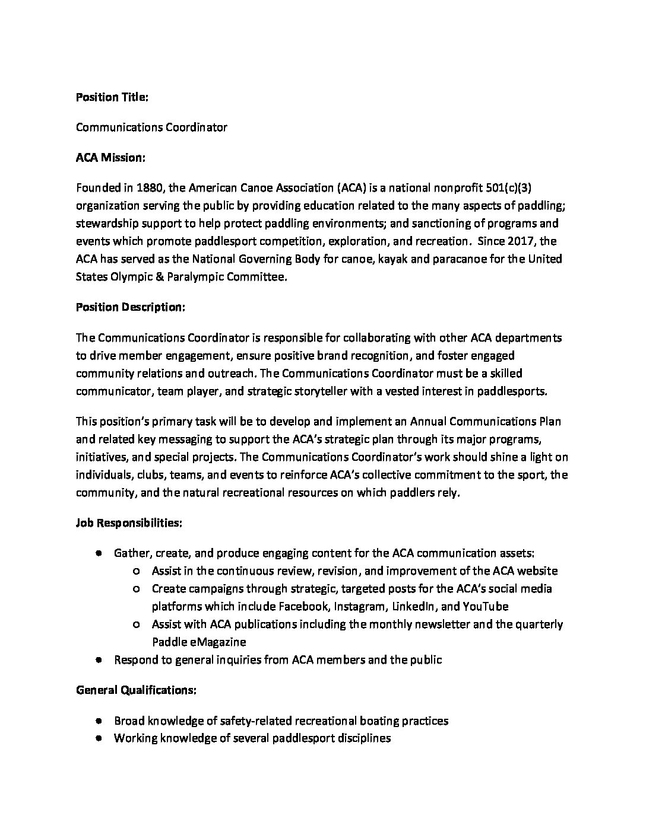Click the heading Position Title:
point(112,97)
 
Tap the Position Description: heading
point(131,307)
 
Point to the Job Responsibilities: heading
point(129,523)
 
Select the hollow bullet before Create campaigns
point(137,589)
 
